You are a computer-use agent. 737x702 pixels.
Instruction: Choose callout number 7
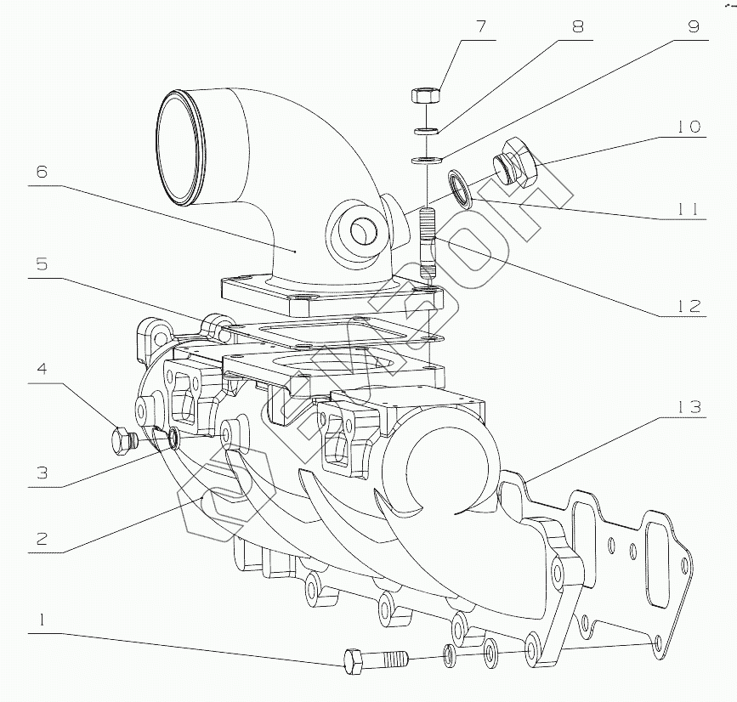pos(481,25)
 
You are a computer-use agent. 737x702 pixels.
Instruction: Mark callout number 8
pos(578,25)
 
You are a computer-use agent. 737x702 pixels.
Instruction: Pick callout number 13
pos(690,407)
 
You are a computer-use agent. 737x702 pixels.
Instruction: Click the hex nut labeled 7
pos(423,93)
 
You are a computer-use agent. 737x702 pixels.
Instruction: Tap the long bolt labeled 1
pos(374,659)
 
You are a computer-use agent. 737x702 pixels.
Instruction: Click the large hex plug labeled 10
pos(515,161)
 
